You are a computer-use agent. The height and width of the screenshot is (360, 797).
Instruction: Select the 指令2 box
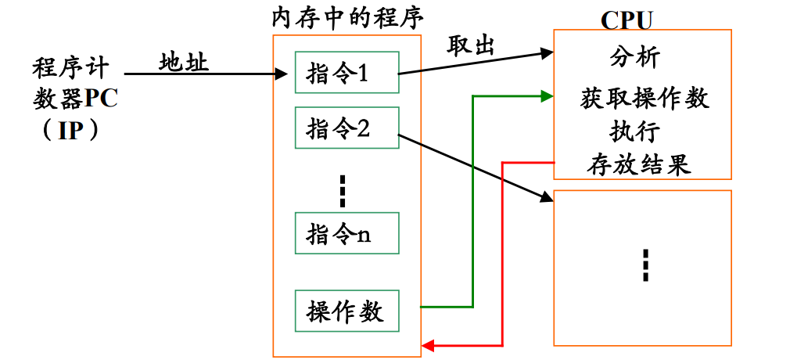[346, 128]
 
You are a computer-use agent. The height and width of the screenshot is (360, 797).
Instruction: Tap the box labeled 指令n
[346, 232]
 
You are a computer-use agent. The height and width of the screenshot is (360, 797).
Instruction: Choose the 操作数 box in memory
[346, 311]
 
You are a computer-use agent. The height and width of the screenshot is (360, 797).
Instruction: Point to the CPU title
[626, 20]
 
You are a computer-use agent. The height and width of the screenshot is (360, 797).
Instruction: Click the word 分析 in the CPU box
[634, 58]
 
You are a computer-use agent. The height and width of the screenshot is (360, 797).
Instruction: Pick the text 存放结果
[639, 164]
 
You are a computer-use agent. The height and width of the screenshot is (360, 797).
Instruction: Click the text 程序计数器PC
[77, 82]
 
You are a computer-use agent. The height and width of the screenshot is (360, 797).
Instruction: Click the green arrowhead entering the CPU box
[547, 95]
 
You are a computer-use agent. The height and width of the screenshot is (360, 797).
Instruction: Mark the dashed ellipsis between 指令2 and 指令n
[342, 191]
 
